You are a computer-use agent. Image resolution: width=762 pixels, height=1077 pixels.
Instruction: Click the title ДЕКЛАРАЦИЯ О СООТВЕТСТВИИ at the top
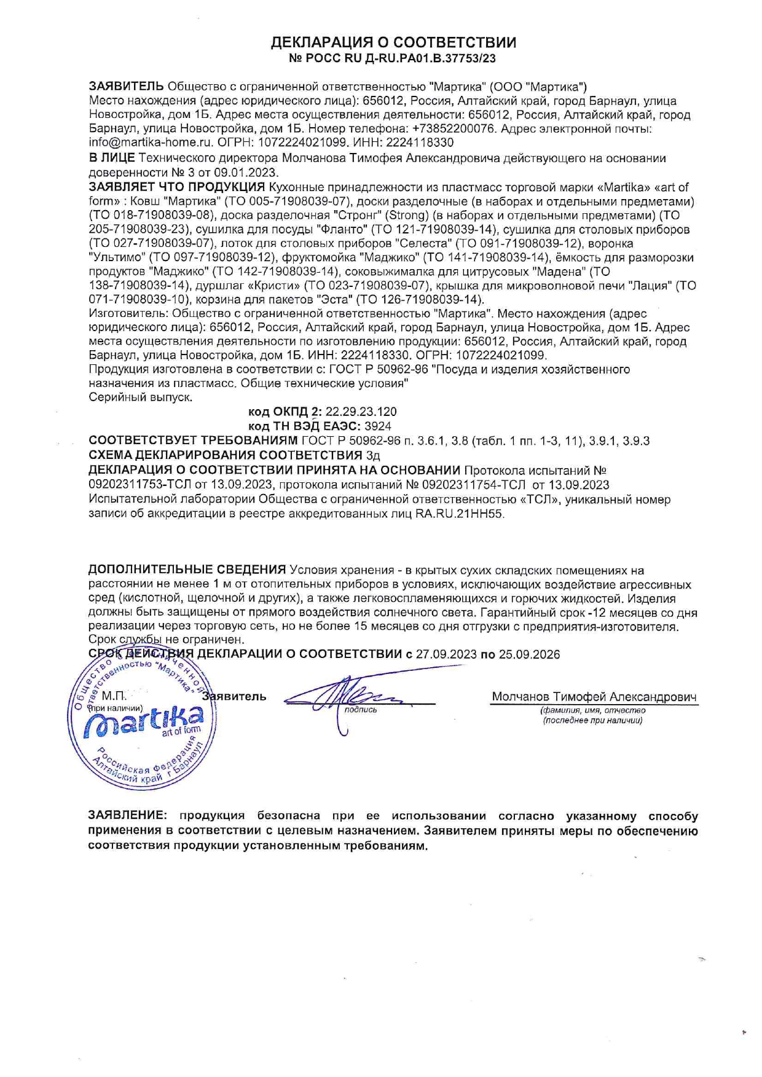tap(393, 42)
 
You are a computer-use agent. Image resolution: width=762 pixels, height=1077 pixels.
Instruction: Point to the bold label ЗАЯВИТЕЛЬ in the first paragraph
tap(127, 86)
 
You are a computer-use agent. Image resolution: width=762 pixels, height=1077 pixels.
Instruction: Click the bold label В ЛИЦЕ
tap(111, 159)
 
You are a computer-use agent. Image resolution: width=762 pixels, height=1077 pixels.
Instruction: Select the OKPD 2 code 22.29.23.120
tap(361, 412)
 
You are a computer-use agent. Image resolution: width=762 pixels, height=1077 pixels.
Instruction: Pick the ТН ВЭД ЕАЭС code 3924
tap(378, 426)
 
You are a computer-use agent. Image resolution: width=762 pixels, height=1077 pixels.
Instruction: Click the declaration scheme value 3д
tap(372, 456)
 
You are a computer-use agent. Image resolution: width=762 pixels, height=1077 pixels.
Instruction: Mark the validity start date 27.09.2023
tap(446, 654)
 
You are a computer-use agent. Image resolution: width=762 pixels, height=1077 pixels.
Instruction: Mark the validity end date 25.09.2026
tap(529, 654)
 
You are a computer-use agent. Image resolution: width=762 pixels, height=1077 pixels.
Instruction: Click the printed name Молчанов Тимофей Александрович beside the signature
tap(594, 697)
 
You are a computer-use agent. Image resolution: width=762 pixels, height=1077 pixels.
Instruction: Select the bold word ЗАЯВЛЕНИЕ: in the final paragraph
tap(127, 816)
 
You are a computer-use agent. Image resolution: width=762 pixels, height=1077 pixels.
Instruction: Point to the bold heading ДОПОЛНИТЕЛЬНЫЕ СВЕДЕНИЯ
tap(187, 570)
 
